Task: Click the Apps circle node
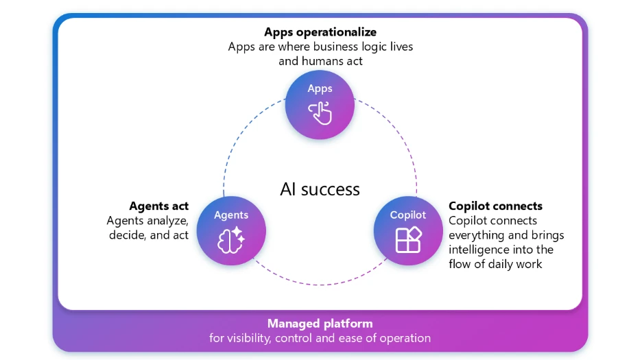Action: click(x=320, y=104)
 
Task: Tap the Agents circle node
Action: click(x=231, y=230)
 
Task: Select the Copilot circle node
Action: click(x=408, y=230)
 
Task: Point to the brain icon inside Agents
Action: click(x=231, y=239)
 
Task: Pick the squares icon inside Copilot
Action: click(x=408, y=239)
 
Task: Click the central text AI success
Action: click(x=320, y=189)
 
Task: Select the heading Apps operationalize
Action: click(x=320, y=32)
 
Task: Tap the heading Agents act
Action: click(x=158, y=206)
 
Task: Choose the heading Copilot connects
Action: click(x=495, y=206)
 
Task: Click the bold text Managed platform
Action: click(x=320, y=324)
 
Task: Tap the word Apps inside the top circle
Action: click(x=320, y=88)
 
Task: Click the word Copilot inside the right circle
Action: click(x=408, y=215)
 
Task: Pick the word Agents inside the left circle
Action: click(x=231, y=215)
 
